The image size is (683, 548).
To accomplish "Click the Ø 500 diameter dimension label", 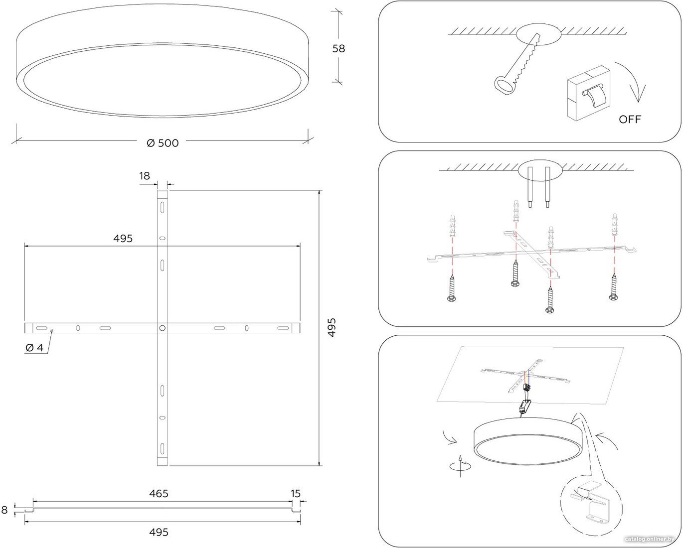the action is [163, 143].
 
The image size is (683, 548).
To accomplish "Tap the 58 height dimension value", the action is [339, 48].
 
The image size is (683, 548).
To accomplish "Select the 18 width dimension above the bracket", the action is [145, 176].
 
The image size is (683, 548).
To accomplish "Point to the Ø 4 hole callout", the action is [34, 348].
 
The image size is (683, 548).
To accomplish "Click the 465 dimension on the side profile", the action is [159, 494].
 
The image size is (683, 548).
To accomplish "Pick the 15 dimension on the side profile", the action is [295, 494].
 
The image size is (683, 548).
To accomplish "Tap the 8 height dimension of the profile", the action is [4, 510].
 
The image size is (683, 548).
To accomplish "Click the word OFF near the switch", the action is [630, 120].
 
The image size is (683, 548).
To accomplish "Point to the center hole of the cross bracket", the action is [162, 328].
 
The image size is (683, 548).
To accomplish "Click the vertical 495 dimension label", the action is [332, 328].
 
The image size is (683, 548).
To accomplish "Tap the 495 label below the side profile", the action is [159, 532].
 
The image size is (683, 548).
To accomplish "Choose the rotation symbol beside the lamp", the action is [460, 466].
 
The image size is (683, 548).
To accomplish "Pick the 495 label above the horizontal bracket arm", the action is [123, 239].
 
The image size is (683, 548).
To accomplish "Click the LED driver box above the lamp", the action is [524, 406].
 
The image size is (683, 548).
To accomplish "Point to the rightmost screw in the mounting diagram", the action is [614, 287].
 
